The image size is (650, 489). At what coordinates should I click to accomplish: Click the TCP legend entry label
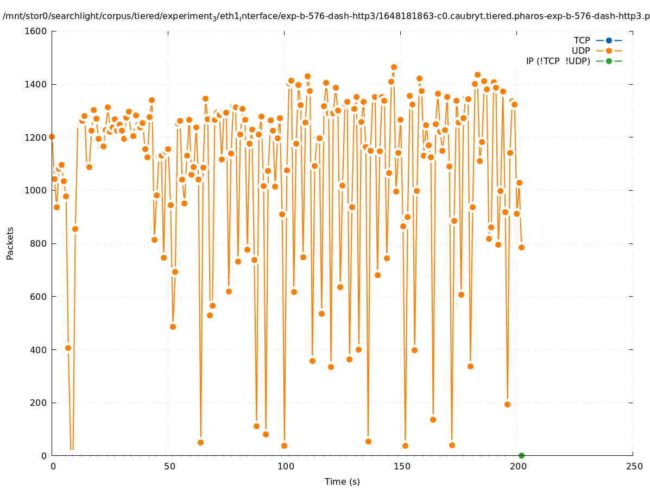582,40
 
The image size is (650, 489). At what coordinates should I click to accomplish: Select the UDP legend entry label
580,51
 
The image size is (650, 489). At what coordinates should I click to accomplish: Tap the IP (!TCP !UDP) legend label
558,61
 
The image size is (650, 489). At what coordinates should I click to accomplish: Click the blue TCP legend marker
609,40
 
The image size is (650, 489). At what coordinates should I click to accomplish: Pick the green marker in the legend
609,61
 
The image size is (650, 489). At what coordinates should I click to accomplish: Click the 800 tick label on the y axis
38,243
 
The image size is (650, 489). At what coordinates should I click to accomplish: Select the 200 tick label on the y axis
38,403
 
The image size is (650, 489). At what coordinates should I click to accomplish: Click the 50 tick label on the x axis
169,466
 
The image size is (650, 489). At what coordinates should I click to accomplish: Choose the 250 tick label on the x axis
633,466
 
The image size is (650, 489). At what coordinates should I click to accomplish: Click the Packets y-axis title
10,243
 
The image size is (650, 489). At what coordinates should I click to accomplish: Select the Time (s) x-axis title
342,481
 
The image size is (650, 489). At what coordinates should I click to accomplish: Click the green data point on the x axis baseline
521,455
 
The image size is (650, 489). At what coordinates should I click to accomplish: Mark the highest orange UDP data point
394,67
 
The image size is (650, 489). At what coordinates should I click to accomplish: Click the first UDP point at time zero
52,136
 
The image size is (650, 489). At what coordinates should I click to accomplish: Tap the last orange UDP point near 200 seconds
521,247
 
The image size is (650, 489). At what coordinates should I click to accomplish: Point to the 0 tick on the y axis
44,456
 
